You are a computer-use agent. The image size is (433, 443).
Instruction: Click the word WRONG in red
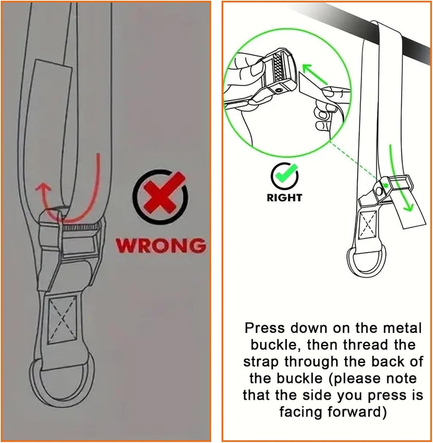161,245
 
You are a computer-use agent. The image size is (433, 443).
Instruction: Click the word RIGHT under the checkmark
284,197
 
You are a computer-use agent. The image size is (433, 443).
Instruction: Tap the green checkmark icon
284,176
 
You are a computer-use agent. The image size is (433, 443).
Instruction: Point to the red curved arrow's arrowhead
43,187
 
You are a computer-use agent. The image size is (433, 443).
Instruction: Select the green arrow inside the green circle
315,74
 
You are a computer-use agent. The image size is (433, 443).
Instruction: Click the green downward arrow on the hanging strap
400,178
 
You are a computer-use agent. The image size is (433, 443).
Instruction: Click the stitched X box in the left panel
63,320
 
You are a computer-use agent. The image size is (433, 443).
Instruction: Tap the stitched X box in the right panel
367,225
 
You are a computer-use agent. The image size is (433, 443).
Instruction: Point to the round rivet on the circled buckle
280,90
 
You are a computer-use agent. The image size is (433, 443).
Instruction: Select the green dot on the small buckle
385,185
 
